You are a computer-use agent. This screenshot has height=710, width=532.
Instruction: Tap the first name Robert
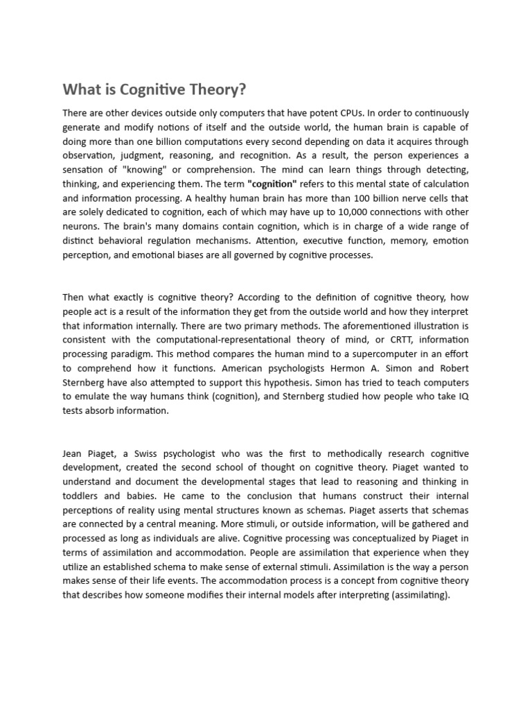[451, 368]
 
